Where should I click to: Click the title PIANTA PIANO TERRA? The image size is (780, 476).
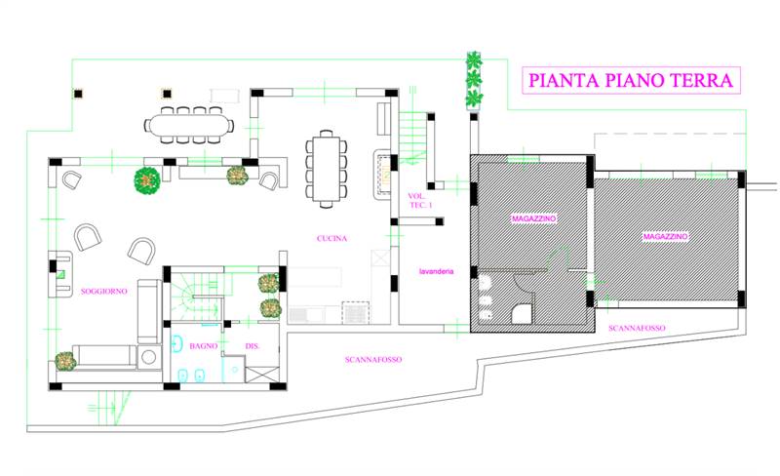coord(631,80)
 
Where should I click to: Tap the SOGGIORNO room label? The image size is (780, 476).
coord(104,292)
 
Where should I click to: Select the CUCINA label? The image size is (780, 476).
coord(331,239)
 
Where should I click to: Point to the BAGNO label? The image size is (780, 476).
coord(204,345)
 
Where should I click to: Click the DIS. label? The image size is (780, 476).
coord(253,346)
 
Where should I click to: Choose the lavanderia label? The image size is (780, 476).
coord(436,271)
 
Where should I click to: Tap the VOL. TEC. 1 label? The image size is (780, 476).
coord(419,201)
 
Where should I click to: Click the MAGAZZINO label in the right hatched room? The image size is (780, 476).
coord(665,236)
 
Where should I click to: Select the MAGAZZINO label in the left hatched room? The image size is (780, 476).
coord(533,218)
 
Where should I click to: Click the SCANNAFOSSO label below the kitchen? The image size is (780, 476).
coord(373,360)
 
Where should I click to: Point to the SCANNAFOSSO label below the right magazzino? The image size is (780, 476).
coord(637,328)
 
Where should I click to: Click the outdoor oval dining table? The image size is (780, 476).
coord(189,125)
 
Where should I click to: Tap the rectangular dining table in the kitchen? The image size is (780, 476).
coord(327,169)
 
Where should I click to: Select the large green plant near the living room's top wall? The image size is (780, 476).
coord(147,180)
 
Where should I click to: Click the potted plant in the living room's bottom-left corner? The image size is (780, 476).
coord(65,361)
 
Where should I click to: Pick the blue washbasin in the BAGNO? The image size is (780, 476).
coord(177,343)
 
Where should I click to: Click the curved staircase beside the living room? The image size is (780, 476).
coord(195,297)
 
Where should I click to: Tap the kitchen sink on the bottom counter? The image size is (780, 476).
coord(299,315)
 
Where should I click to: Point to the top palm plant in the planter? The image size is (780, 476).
coord(474,60)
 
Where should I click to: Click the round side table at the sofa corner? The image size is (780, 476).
coord(149,356)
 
